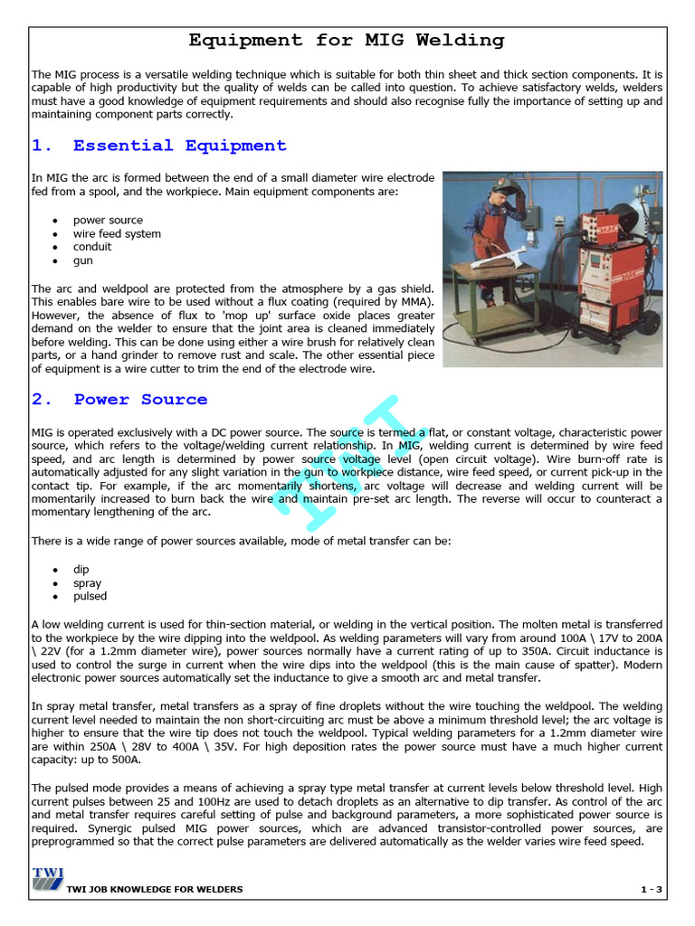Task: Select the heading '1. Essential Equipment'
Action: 159,146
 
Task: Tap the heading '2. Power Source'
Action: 119,400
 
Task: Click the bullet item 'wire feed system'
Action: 117,233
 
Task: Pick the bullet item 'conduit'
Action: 92,247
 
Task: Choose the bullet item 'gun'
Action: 83,260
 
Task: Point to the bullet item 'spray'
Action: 87,583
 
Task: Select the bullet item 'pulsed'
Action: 90,597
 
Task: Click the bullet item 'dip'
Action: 81,570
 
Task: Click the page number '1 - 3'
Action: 652,890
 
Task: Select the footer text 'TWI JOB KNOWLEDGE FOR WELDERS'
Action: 155,890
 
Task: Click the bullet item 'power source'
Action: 108,220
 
